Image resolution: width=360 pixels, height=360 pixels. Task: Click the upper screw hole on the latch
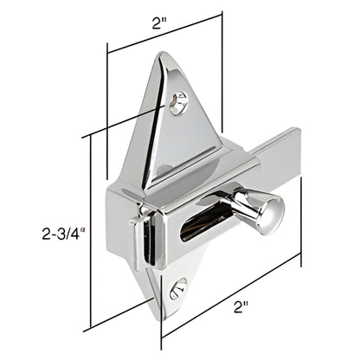pyautogui.click(x=179, y=102)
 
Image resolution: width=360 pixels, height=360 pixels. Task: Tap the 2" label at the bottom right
pyautogui.click(x=241, y=305)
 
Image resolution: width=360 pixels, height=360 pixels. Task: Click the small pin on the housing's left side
pyautogui.click(x=134, y=220)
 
